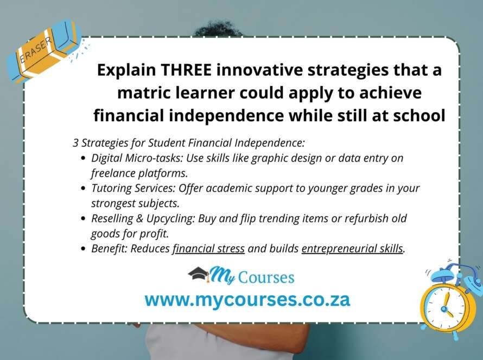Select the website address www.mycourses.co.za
(x=247, y=299)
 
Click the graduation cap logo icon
(x=198, y=275)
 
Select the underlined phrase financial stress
(x=209, y=249)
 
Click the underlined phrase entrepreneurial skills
(x=352, y=249)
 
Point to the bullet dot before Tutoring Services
(x=82, y=189)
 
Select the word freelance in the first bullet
(x=112, y=173)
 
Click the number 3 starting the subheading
(x=75, y=143)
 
